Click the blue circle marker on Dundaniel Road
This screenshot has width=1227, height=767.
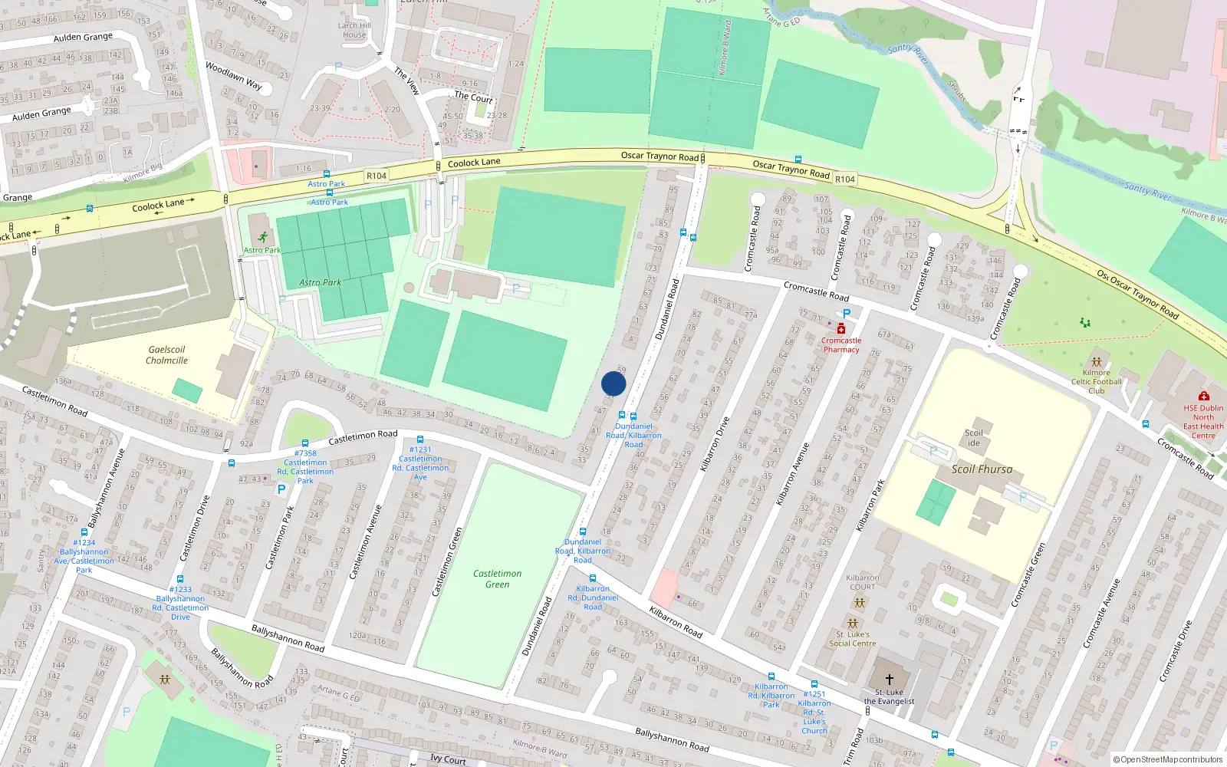point(613,384)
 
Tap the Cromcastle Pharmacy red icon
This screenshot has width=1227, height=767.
point(841,329)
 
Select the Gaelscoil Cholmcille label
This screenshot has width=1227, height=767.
point(166,355)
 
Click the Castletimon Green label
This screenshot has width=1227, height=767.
point(497,579)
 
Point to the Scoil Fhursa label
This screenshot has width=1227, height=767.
point(982,469)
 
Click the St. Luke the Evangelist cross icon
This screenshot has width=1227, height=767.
point(890,680)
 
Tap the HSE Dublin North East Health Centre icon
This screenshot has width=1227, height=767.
point(1203,396)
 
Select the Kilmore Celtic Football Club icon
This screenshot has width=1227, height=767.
point(1097,361)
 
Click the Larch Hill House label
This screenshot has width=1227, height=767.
point(354,30)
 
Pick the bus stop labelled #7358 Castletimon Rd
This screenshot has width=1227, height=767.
point(305,443)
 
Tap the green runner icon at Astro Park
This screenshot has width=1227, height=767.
point(263,237)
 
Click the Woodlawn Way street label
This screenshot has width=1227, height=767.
point(233,76)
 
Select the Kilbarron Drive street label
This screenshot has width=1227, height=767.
point(714,443)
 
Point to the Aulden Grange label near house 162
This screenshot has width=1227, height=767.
point(83,37)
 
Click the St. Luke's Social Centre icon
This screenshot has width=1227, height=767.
point(852,624)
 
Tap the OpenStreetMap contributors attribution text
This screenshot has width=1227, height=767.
point(1168,760)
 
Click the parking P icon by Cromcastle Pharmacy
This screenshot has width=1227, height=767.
point(847,314)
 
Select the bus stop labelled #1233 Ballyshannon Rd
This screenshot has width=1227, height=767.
point(180,580)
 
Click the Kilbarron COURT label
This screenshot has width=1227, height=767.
point(862,582)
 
